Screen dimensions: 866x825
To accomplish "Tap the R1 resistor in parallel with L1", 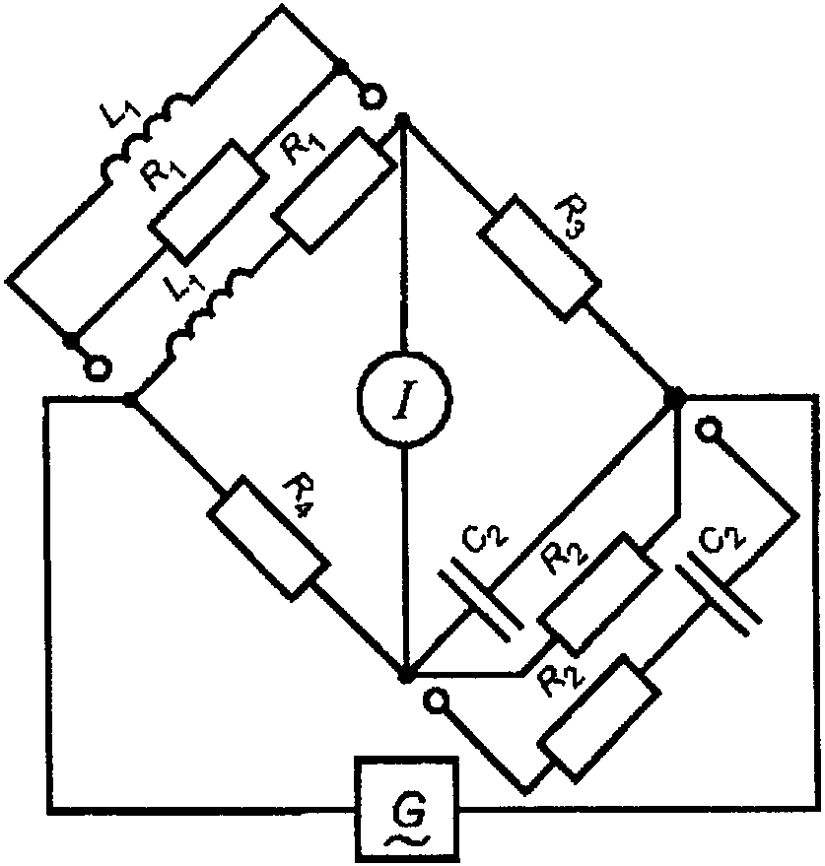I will coord(208,199).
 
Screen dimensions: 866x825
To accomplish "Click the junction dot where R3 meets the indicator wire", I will coord(403,119).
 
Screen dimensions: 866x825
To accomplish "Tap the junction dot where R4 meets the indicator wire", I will coord(405,676).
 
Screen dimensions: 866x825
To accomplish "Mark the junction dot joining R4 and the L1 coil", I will coord(130,399).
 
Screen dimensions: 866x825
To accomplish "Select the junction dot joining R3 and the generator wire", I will coord(676,397).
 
